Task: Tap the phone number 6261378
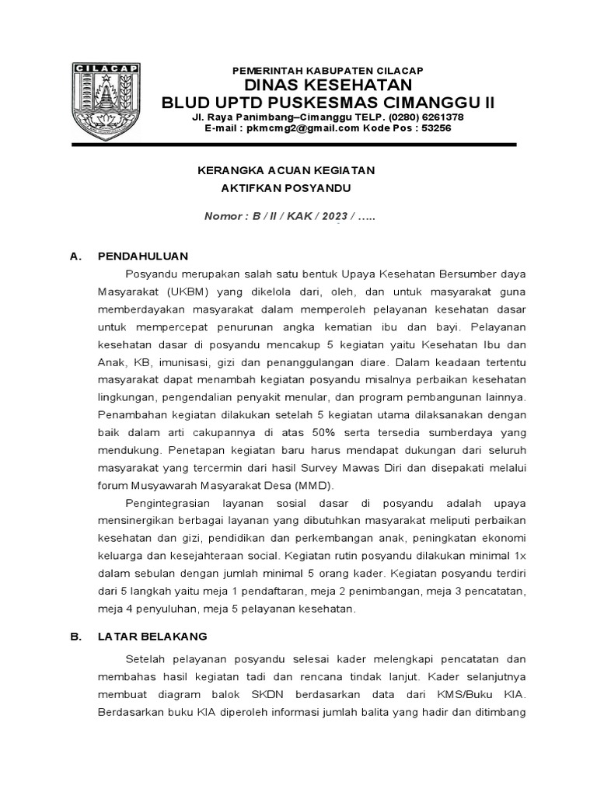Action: pyautogui.click(x=439, y=117)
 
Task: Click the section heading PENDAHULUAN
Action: pyautogui.click(x=142, y=255)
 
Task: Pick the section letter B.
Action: pyautogui.click(x=75, y=636)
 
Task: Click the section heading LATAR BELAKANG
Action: pyautogui.click(x=152, y=636)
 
